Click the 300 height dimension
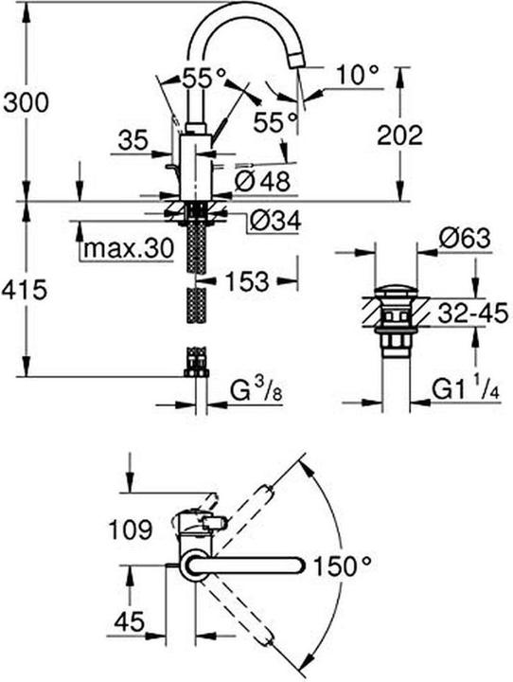coord(25,99)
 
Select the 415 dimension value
coord(26,291)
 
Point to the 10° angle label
coord(359,71)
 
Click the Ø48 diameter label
coord(262,179)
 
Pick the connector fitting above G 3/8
coord(196,362)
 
